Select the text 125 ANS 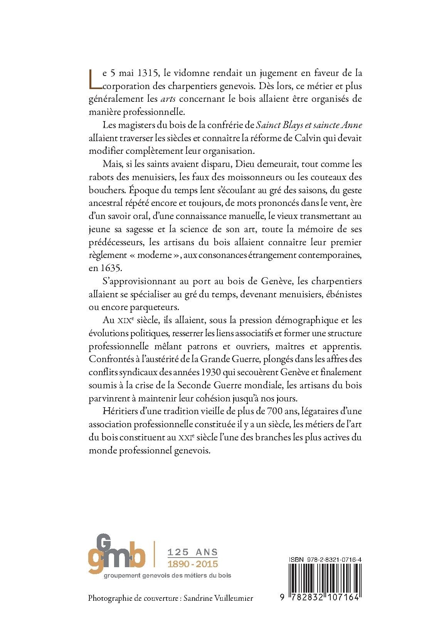point(192,552)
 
